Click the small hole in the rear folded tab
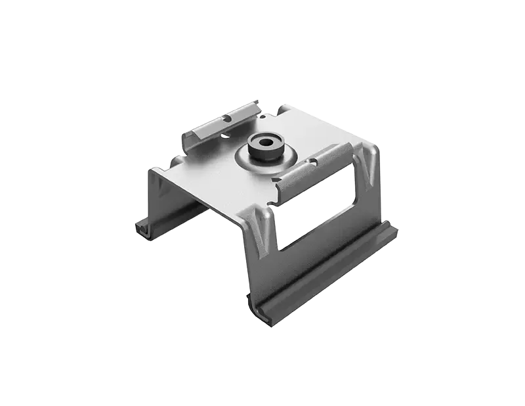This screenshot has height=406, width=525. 226,120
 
